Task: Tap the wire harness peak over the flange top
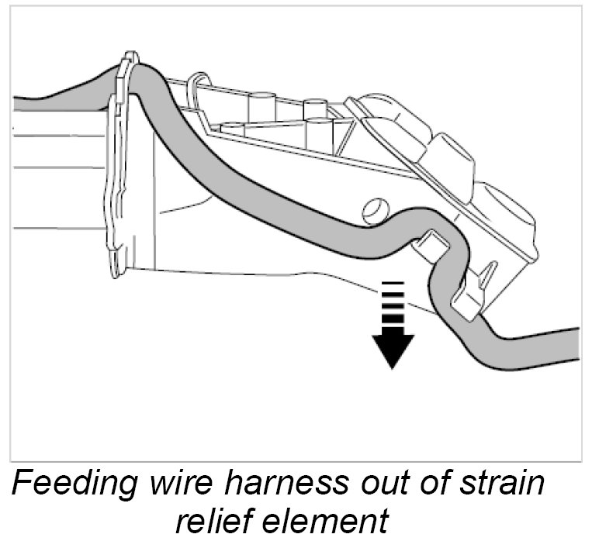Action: pyautogui.click(x=141, y=73)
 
